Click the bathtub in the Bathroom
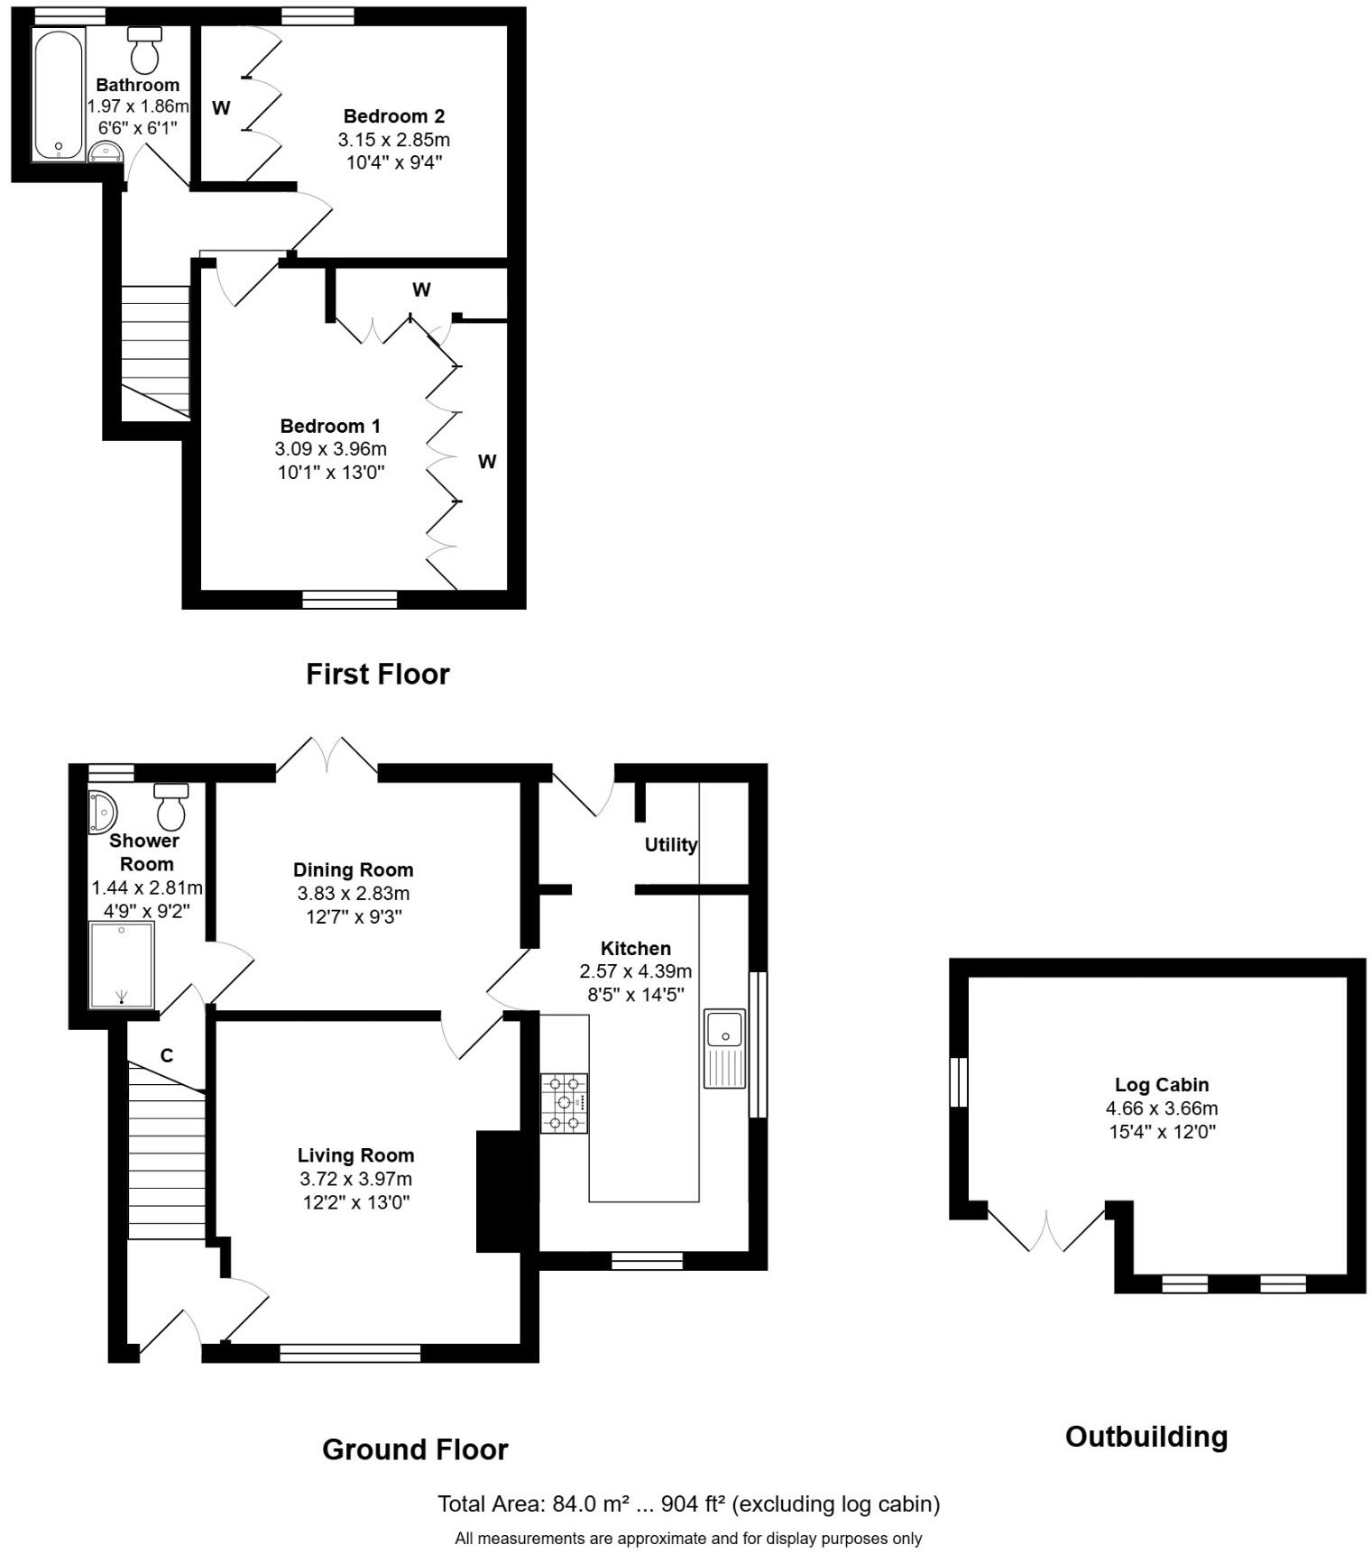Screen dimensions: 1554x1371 click(58, 95)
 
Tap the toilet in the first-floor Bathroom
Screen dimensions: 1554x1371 click(144, 50)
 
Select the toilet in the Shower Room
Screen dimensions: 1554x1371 click(170, 807)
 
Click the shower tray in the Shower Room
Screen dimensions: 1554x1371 click(122, 964)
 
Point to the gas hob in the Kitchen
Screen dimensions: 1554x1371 click(564, 1102)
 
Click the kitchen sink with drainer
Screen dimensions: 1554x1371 click(724, 1048)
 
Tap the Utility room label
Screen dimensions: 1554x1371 click(670, 845)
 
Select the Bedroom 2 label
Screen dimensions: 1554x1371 click(394, 116)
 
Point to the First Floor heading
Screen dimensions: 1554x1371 click(377, 674)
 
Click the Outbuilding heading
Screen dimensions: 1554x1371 click(1146, 1436)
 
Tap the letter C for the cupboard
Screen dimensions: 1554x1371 click(167, 1055)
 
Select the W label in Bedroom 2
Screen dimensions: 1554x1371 click(221, 108)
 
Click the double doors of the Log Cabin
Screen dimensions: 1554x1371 click(1047, 1232)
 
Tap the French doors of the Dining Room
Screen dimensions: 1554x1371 click(327, 758)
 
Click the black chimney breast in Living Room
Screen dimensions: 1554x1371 click(499, 1191)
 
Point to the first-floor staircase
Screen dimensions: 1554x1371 click(155, 352)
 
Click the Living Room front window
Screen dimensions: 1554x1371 click(350, 1352)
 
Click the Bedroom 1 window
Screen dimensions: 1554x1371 click(350, 600)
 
